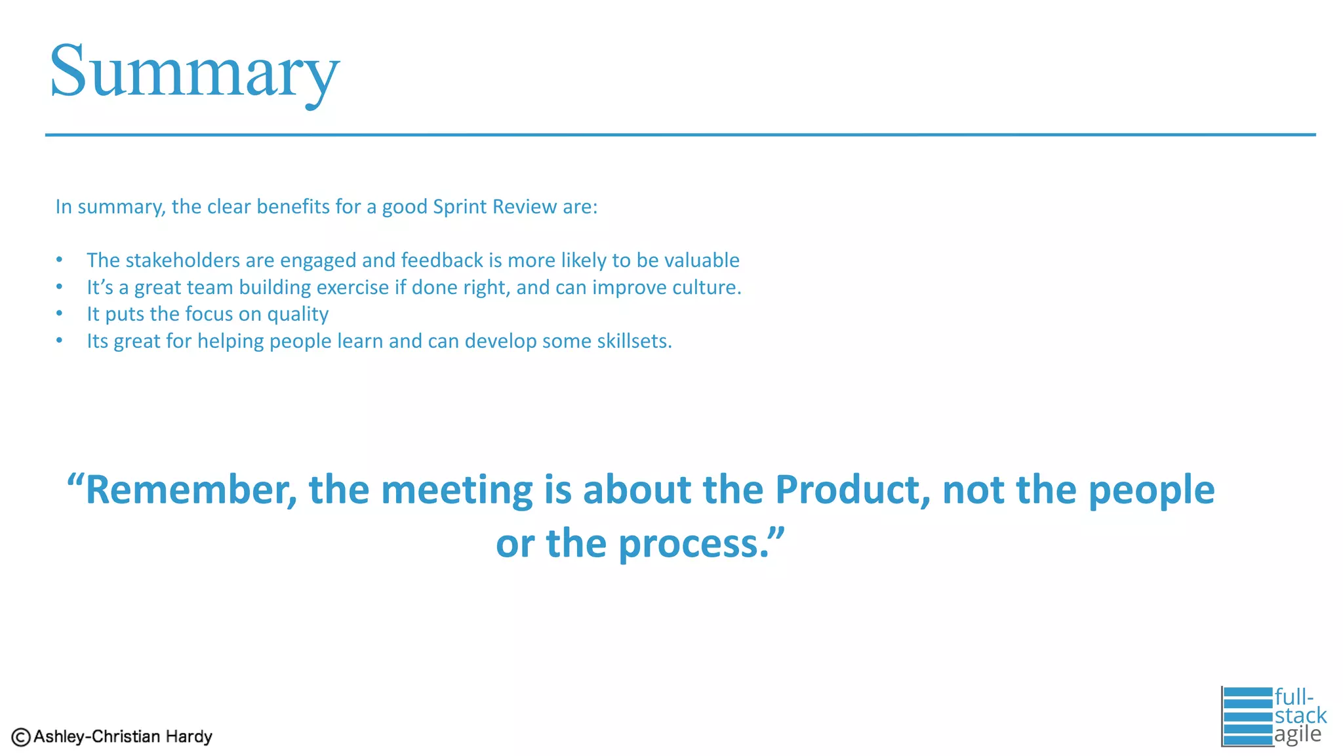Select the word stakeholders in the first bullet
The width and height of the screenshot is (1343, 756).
click(x=182, y=261)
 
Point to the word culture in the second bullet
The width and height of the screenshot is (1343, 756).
click(x=705, y=287)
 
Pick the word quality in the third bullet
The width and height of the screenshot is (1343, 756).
click(x=298, y=315)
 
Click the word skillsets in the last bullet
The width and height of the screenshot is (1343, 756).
click(x=632, y=341)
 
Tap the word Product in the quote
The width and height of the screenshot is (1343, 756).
click(x=852, y=490)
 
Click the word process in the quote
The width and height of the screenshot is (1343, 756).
click(x=694, y=544)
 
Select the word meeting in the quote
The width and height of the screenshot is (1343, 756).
click(x=456, y=490)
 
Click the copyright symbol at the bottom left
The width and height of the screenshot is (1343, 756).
click(x=21, y=738)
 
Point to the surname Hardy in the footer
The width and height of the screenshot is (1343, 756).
click(x=189, y=737)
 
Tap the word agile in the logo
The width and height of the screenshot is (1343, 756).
click(x=1298, y=734)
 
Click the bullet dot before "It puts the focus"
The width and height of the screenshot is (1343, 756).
click(x=59, y=314)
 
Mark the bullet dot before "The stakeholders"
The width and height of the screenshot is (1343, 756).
click(x=59, y=260)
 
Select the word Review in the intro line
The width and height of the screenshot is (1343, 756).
click(x=525, y=207)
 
